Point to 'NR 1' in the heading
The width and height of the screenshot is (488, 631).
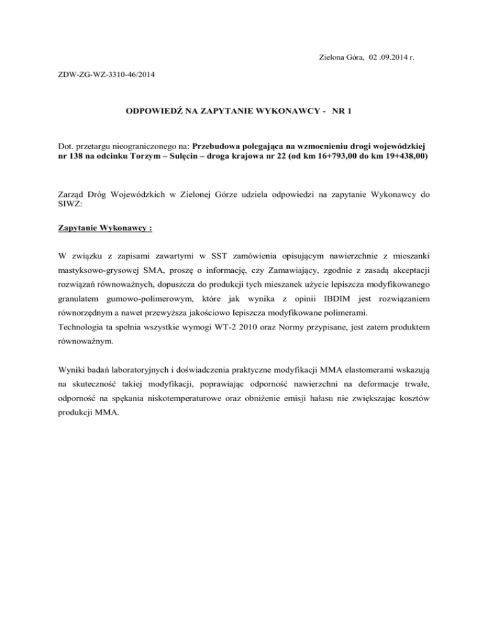342,112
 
